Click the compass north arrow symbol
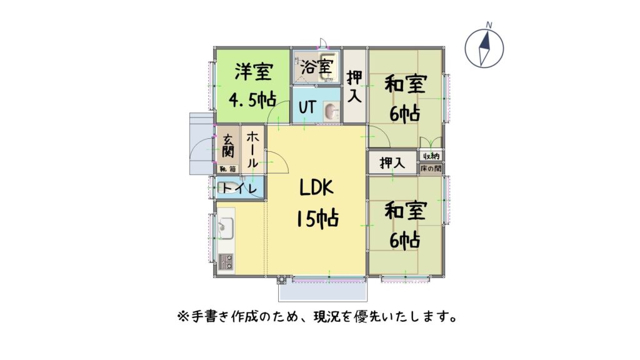click(x=484, y=48)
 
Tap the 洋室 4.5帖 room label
click(x=252, y=85)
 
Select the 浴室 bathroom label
click(x=317, y=66)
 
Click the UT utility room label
click(x=307, y=107)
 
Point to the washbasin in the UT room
click(x=331, y=111)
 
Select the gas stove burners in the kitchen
click(x=226, y=262)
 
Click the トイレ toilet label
click(x=239, y=188)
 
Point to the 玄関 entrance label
click(x=228, y=146)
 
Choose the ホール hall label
click(x=252, y=149)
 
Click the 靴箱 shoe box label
click(x=227, y=169)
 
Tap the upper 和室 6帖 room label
click(x=405, y=99)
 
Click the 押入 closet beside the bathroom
click(x=354, y=86)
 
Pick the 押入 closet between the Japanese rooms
click(x=392, y=162)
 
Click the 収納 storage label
click(x=431, y=156)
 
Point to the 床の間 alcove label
click(x=431, y=168)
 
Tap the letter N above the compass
click(x=489, y=25)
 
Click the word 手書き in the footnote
click(x=210, y=316)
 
